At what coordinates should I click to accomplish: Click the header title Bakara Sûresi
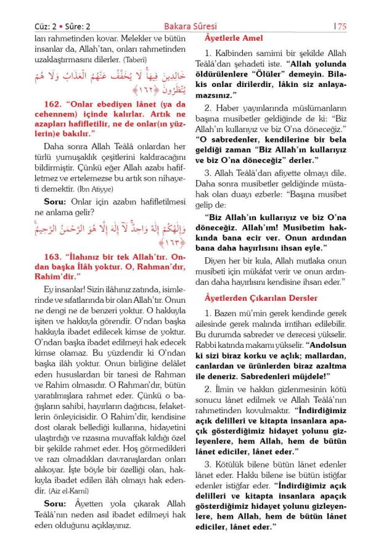pos(191,26)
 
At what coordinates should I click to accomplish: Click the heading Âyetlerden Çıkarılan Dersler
pos(261,298)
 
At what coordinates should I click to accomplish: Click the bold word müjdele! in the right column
pos(311,375)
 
